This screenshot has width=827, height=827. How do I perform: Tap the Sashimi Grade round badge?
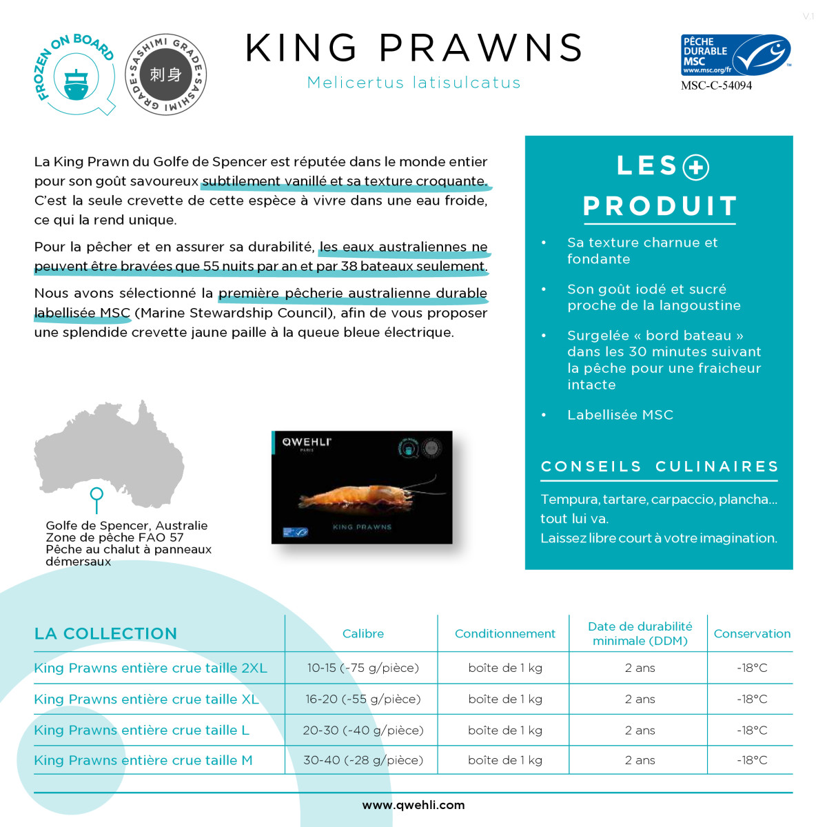click(166, 74)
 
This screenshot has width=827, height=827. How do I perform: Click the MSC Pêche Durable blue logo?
click(735, 55)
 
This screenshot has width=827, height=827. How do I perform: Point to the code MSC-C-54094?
click(716, 86)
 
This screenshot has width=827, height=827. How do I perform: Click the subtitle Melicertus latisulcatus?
click(413, 83)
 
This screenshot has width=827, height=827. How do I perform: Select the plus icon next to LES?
click(695, 167)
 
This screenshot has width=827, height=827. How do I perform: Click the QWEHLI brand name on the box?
click(306, 442)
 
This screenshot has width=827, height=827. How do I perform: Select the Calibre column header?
click(363, 634)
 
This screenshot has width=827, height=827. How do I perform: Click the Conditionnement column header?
click(504, 634)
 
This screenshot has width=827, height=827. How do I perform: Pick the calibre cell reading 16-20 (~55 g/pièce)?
click(363, 699)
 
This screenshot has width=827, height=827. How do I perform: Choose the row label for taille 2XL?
click(150, 668)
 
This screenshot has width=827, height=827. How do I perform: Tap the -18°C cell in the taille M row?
click(751, 760)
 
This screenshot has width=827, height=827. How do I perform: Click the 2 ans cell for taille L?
click(640, 730)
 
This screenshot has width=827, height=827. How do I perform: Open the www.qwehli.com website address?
click(413, 805)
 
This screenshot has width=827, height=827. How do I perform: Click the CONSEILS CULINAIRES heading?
click(660, 467)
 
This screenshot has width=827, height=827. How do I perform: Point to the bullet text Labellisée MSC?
click(620, 415)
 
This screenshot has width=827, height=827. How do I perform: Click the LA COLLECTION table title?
click(105, 634)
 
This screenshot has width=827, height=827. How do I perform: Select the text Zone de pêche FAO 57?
click(114, 538)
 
